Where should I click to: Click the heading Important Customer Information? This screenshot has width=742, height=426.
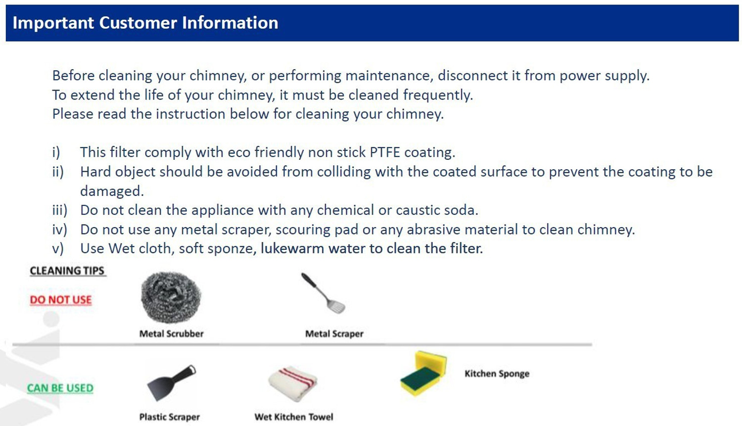[145, 23]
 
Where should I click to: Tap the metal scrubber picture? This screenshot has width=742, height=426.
[171, 297]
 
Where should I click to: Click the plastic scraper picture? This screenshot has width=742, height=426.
[171, 382]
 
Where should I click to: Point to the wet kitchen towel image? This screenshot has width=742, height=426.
[293, 384]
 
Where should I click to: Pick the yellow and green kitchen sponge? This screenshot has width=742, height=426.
[423, 374]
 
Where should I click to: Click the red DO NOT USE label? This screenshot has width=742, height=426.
[61, 300]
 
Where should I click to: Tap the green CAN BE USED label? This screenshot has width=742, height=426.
[60, 388]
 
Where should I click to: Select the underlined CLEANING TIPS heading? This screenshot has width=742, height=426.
[67, 271]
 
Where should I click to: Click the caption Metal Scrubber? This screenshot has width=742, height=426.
[171, 334]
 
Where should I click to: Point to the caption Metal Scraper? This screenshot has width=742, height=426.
[334, 334]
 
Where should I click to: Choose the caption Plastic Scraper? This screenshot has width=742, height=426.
[169, 417]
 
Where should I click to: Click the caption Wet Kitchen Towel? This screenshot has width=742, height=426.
[293, 417]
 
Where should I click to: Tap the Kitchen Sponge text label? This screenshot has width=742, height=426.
[497, 374]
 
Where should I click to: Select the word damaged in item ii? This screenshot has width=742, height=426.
[112, 191]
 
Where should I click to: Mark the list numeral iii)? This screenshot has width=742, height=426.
[59, 210]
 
